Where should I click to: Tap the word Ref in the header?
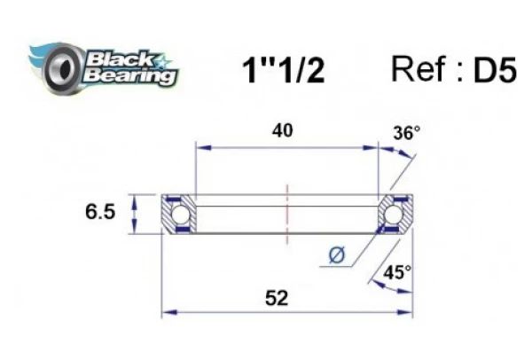(419, 69)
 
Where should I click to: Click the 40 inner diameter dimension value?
(284, 130)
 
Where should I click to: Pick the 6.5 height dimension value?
(99, 214)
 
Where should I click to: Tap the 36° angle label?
(406, 134)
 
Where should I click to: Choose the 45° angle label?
(396, 273)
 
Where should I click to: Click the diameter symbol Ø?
(337, 256)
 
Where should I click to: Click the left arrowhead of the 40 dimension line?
(200, 147)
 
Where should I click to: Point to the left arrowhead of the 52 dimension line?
(168, 312)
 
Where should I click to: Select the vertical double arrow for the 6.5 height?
(134, 214)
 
